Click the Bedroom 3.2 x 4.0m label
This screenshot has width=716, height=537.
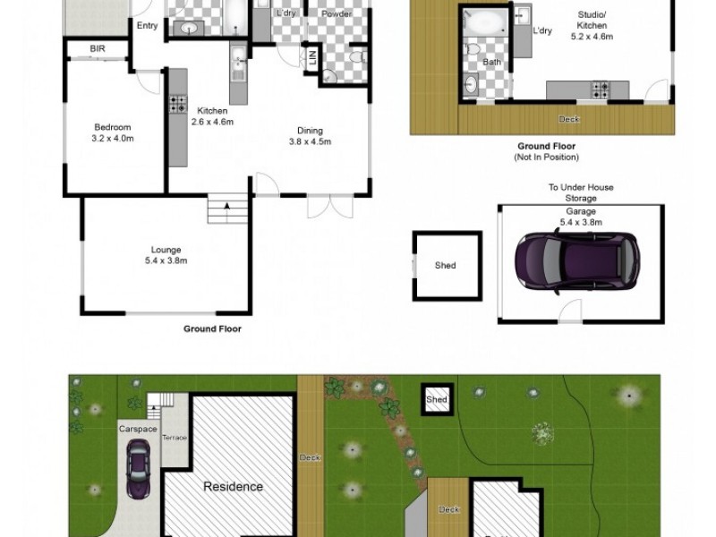112,133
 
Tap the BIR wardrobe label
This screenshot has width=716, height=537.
98,49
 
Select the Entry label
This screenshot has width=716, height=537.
147,26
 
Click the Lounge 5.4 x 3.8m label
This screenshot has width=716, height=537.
167,255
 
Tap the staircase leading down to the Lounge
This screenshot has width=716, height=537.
226,211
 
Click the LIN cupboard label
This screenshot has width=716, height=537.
312,59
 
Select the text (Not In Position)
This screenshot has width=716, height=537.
546,158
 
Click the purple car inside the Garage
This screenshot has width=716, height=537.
576,258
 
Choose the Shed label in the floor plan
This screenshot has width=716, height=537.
445,266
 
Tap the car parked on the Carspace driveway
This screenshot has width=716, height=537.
139,471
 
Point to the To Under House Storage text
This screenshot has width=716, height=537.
581,193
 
